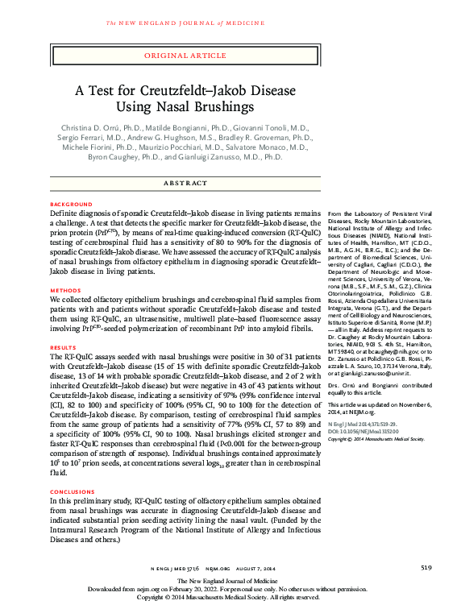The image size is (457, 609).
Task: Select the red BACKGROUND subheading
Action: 70,205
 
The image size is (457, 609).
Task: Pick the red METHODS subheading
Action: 64,289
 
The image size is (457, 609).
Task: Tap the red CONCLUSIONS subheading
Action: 73,491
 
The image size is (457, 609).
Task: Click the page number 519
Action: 426,568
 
